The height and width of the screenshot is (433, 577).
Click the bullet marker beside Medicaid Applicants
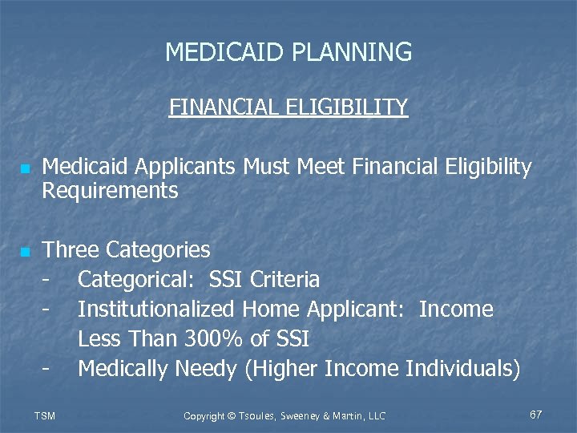tap(25, 170)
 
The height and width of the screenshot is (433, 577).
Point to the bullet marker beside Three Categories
tap(25, 253)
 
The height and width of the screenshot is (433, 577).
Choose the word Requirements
tap(110, 191)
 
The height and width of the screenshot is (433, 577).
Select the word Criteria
tap(284, 280)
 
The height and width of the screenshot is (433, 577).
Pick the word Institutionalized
tap(156, 310)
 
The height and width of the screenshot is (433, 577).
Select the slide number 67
tap(536, 415)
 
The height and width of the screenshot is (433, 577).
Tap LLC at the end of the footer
tap(376, 415)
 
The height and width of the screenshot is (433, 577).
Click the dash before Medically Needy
tap(49, 369)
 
